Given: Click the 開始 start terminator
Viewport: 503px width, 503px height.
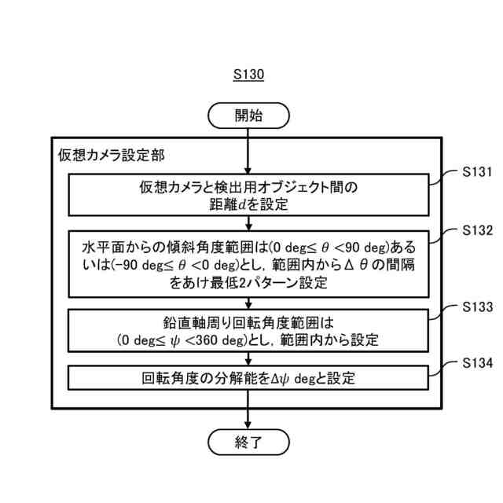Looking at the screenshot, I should pos(248,116).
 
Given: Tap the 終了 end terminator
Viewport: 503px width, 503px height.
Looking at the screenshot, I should pos(248,441).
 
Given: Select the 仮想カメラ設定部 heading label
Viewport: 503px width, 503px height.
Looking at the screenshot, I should pos(112,154).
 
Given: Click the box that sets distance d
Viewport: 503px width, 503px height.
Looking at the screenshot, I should pos(248,196).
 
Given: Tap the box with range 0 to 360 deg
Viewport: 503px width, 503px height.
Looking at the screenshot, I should pos(248,331).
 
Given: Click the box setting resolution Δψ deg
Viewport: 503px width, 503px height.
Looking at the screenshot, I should pos(248,378).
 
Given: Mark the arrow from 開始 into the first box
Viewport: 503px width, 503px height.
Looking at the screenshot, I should pos(248,149).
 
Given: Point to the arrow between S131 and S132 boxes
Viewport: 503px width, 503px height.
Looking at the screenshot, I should pos(248,222).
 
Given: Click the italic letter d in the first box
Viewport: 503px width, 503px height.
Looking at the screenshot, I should pos(240,206).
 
